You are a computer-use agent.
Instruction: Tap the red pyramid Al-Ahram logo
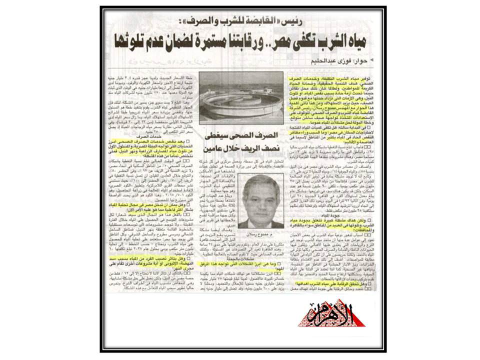coord(332,313)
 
